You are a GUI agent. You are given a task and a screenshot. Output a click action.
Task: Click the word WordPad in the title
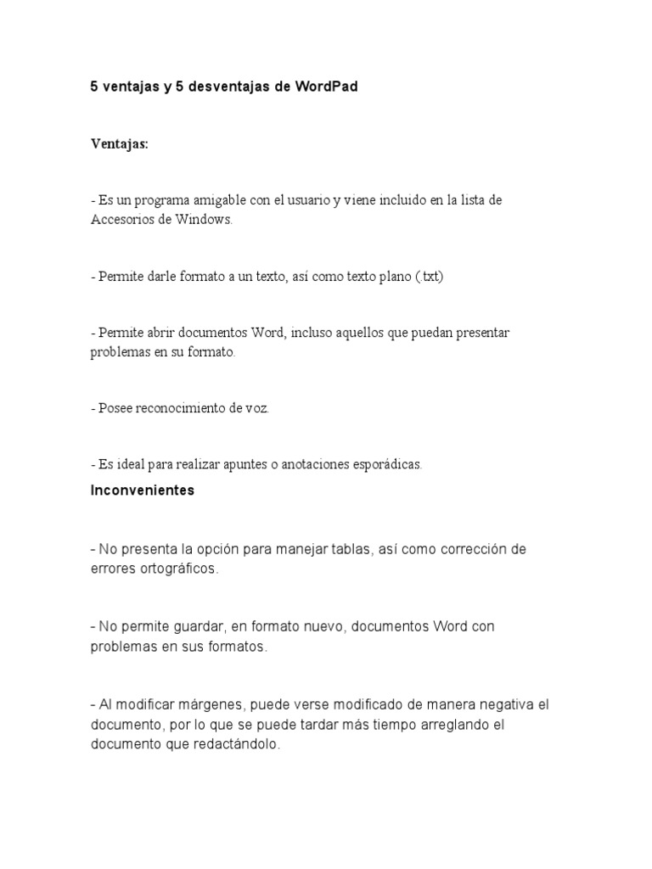point(327,87)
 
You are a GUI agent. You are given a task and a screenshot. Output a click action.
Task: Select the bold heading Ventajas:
point(120,144)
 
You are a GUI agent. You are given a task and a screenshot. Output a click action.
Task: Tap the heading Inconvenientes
point(143,491)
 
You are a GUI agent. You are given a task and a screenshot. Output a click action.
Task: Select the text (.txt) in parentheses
point(427,278)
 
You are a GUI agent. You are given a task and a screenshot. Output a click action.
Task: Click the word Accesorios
point(124,219)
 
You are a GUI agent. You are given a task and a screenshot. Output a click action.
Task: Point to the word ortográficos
point(176,569)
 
